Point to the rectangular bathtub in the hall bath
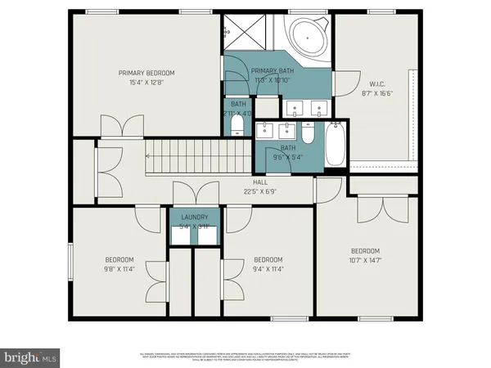tap(335, 146)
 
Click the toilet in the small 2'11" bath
tap(237, 123)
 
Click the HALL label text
tap(260, 183)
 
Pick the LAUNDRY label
tap(195, 217)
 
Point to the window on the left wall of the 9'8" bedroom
tap(70, 264)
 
